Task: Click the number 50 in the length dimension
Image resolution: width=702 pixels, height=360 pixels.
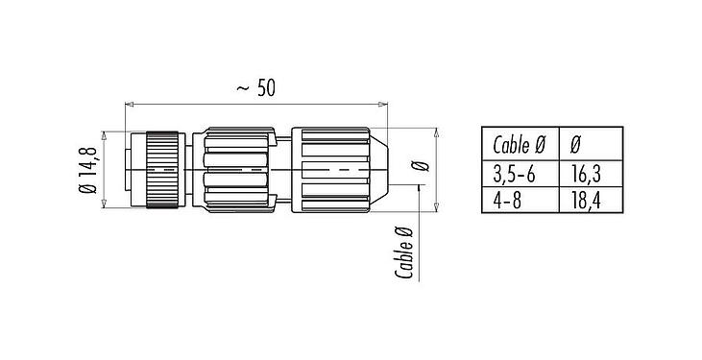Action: [266, 88]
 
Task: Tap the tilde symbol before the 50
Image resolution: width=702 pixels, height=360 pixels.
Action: [242, 89]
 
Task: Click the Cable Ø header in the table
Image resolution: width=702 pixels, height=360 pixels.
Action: [519, 146]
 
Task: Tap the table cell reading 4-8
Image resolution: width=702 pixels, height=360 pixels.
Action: [509, 200]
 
